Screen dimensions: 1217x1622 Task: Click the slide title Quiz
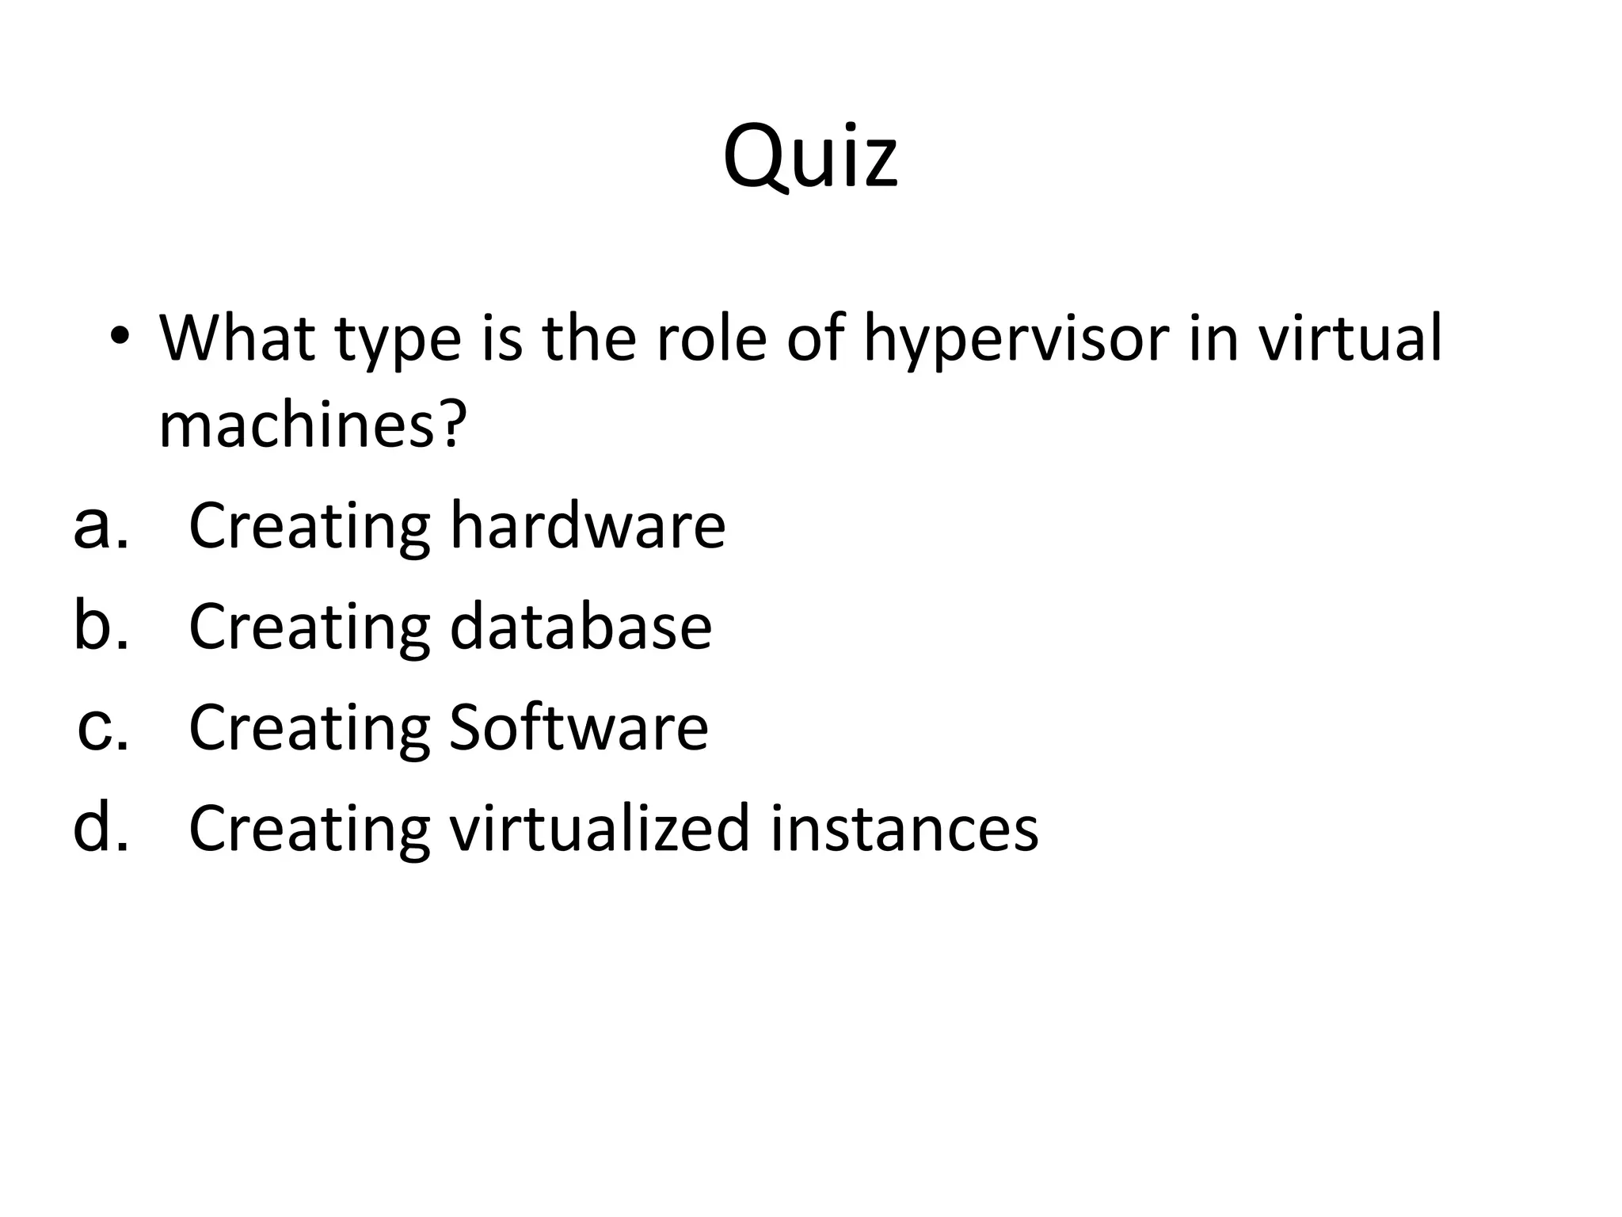810,156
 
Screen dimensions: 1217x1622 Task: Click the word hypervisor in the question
1016,339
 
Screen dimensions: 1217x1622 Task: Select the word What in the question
236,338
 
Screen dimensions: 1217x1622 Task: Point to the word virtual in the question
1350,338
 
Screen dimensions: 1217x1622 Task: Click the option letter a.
100,526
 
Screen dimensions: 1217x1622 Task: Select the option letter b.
100,626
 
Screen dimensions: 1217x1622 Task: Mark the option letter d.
100,827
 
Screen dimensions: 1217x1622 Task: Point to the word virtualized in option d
599,829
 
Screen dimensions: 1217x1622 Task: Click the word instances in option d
904,829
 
